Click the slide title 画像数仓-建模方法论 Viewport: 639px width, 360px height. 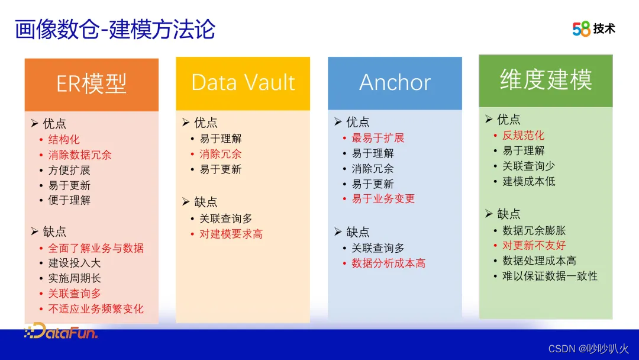pyautogui.click(x=115, y=30)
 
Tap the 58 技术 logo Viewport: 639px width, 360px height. pyautogui.click(x=594, y=28)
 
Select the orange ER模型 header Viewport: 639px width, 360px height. pyautogui.click(x=92, y=85)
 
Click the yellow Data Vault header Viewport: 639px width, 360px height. pyautogui.click(x=243, y=83)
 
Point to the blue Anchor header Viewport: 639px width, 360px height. pyautogui.click(x=395, y=83)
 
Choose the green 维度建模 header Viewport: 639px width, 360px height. pyautogui.click(x=546, y=81)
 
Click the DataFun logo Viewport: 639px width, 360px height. pyautogui.click(x=61, y=331)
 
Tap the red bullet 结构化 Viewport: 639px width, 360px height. pyautogui.click(x=64, y=139)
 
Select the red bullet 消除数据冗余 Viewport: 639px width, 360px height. pyautogui.click(x=80, y=155)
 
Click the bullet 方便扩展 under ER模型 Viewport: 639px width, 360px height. pyautogui.click(x=69, y=170)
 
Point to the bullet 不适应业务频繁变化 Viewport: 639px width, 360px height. pyautogui.click(x=96, y=308)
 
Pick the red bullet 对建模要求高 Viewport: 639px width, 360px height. pyautogui.click(x=231, y=234)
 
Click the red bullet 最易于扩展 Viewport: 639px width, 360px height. pyautogui.click(x=377, y=138)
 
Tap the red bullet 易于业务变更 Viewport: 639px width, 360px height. pyautogui.click(x=383, y=198)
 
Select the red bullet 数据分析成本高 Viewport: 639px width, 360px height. pyautogui.click(x=388, y=263)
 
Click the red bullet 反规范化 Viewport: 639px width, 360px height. pyautogui.click(x=523, y=136)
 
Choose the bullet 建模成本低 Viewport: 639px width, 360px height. pyautogui.click(x=528, y=181)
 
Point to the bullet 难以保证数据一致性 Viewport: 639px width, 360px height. pyautogui.click(x=550, y=276)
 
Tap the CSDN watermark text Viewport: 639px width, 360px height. pyautogui.click(x=589, y=349)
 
